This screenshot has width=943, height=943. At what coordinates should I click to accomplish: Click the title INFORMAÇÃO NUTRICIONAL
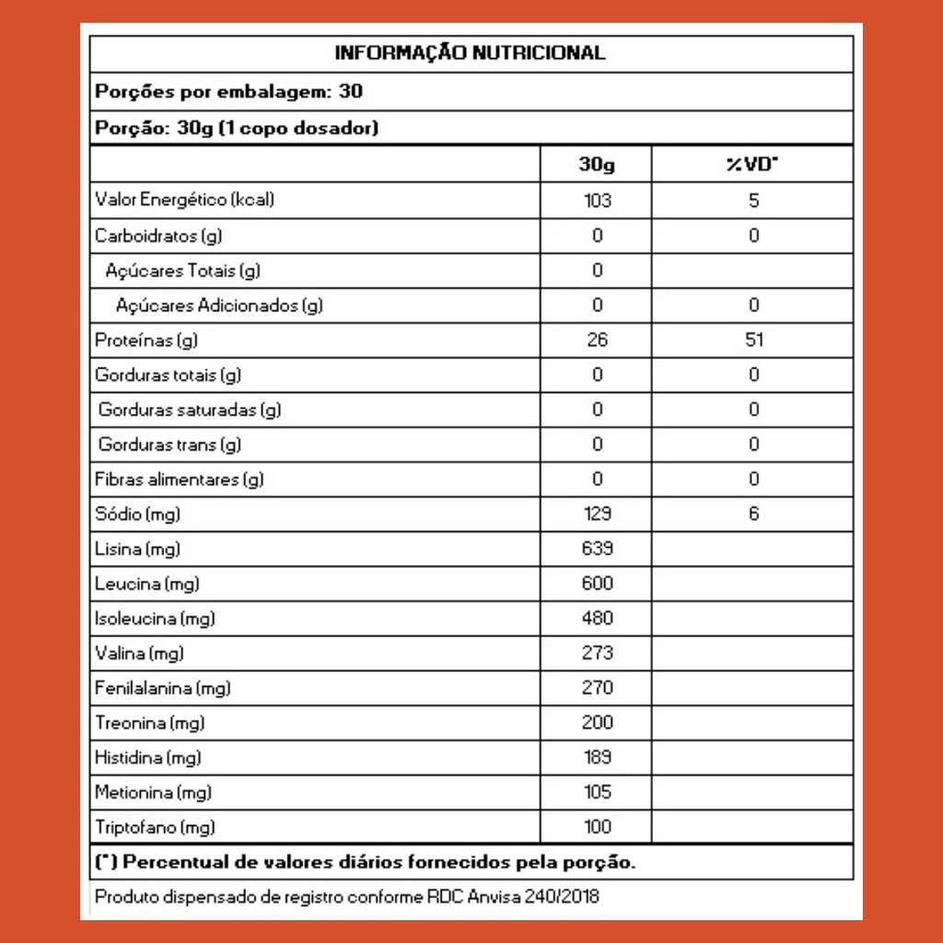click(470, 52)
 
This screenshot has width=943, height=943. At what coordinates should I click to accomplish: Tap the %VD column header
click(752, 165)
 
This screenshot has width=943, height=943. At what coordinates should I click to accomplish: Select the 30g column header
click(597, 165)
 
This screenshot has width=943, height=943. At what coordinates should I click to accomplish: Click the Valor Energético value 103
click(597, 200)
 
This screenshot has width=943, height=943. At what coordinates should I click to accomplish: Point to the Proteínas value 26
click(597, 340)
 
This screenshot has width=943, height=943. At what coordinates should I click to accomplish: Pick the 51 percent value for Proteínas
click(753, 340)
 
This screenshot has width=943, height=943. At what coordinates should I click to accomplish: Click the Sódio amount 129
click(597, 514)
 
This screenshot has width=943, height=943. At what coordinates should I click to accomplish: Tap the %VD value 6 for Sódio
click(753, 514)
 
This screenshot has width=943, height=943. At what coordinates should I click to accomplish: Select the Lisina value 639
click(597, 549)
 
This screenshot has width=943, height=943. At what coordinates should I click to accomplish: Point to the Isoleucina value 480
click(597, 618)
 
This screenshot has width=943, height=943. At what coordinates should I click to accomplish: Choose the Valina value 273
click(597, 653)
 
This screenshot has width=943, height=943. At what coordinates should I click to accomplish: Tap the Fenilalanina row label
click(162, 688)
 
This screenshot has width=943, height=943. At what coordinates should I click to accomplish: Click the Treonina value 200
click(597, 723)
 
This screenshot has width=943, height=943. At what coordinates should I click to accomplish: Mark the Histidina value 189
click(597, 758)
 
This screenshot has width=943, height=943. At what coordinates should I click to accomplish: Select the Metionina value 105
click(597, 792)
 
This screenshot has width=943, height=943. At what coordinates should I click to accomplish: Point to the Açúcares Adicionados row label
click(219, 306)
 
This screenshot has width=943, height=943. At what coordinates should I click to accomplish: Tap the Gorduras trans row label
click(169, 445)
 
